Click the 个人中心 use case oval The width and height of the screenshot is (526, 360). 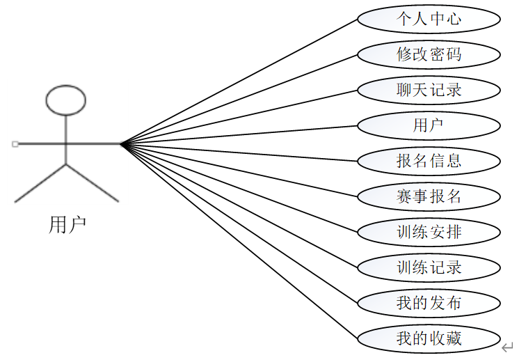click(x=429, y=19)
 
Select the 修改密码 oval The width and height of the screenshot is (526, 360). click(x=429, y=54)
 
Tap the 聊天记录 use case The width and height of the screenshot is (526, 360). click(x=429, y=90)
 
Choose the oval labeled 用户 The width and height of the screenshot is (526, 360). click(x=429, y=125)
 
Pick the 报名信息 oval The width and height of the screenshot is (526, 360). click(x=429, y=161)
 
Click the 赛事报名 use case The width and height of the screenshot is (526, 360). click(x=429, y=196)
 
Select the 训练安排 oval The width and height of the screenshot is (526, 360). click(x=429, y=232)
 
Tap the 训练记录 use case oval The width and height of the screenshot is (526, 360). click(x=429, y=267)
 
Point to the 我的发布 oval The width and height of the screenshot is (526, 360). click(x=429, y=303)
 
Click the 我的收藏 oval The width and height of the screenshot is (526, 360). click(x=429, y=338)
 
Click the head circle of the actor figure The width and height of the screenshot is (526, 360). click(x=65, y=100)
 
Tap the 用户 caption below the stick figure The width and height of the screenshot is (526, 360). click(x=67, y=225)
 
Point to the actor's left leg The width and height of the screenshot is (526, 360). click(x=40, y=183)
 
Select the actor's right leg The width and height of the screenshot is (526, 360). click(x=92, y=182)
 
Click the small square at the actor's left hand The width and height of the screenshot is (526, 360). click(x=15, y=144)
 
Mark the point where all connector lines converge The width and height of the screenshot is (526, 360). click(x=121, y=144)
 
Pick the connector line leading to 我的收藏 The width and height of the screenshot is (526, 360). click(x=239, y=241)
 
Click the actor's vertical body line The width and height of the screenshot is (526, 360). click(x=66, y=139)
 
